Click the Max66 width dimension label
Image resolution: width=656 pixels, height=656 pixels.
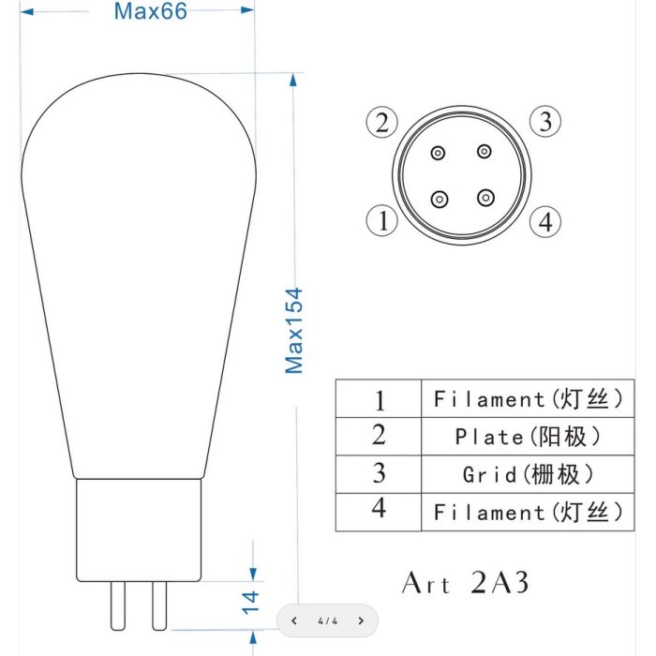click(x=151, y=11)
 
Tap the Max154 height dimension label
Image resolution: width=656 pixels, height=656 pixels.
click(x=293, y=331)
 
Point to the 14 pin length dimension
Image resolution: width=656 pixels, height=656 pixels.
click(x=250, y=603)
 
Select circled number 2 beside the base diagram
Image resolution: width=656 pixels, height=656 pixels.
click(x=381, y=122)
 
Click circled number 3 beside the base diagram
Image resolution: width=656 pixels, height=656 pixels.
click(x=545, y=121)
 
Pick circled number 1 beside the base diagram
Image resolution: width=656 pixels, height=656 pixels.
click(x=381, y=220)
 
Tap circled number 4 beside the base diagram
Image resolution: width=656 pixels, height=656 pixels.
click(x=545, y=221)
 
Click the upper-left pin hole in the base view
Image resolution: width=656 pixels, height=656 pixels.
click(x=438, y=153)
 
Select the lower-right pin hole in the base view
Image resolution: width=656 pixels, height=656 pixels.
click(x=485, y=198)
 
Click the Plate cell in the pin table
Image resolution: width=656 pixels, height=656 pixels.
click(x=528, y=437)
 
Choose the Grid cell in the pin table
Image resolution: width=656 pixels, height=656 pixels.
click(x=528, y=474)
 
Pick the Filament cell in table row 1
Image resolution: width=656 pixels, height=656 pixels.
click(x=528, y=398)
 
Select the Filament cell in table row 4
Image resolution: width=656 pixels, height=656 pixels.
click(x=528, y=512)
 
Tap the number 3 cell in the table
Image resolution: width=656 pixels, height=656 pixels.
click(x=379, y=474)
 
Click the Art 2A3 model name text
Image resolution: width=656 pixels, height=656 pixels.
click(x=465, y=582)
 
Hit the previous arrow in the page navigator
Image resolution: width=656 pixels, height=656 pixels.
click(x=294, y=620)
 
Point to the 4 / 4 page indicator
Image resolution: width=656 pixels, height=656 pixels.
click(x=328, y=620)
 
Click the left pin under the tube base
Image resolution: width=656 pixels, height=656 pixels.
click(x=117, y=605)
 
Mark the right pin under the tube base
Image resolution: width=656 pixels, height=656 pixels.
click(x=159, y=605)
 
